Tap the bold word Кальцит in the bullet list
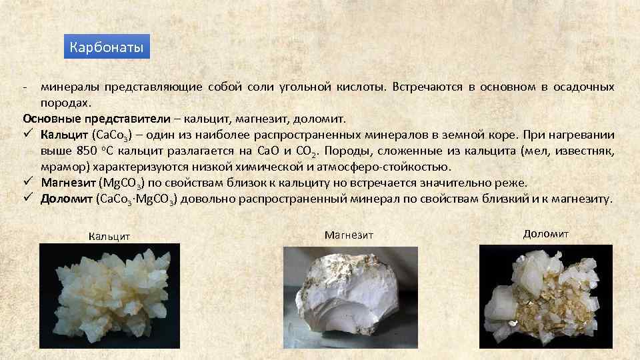click(64, 135)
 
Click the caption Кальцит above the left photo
click(109, 237)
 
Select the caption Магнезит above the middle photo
click(349, 235)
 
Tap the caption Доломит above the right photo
click(546, 233)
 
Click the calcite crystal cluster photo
click(109, 295)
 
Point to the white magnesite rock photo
click(350, 297)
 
